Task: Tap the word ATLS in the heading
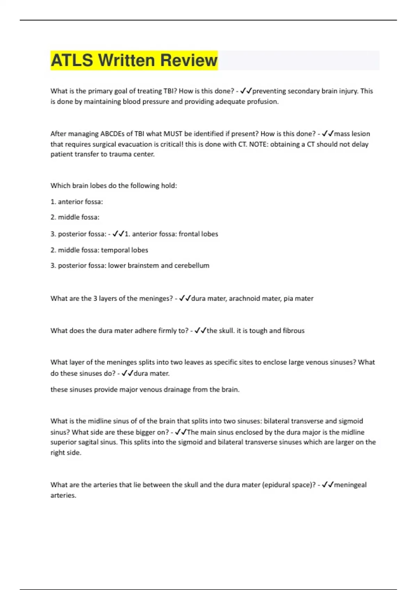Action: (72, 60)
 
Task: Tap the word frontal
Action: (189, 234)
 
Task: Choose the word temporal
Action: (115, 250)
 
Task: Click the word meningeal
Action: (350, 485)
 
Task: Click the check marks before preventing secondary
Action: (246, 91)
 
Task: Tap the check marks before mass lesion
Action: (328, 134)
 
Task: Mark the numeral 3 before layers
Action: (95, 298)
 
